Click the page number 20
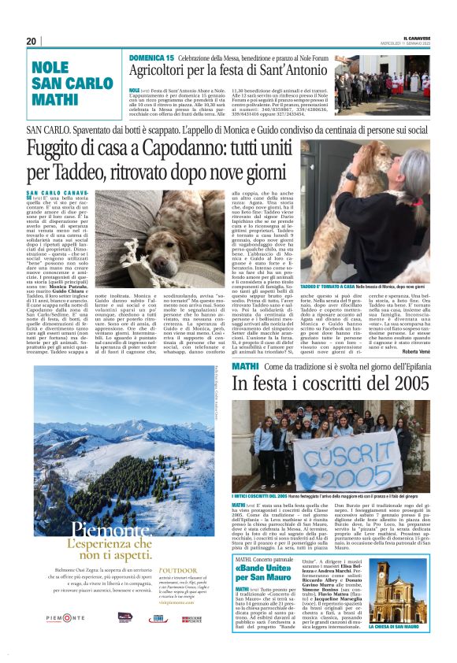tap(32, 41)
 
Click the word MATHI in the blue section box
tap(55, 100)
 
